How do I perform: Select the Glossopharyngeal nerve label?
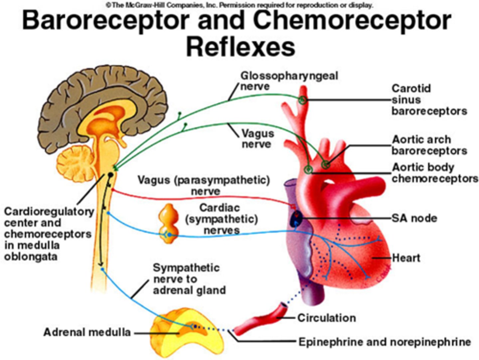click(289, 81)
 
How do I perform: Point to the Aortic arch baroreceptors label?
click(429, 145)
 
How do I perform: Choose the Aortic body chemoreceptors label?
click(434, 173)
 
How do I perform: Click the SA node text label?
click(414, 218)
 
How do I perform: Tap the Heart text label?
click(406, 258)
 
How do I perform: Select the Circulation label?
click(326, 318)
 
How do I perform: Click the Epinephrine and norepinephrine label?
click(384, 342)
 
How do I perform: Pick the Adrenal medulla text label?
click(87, 332)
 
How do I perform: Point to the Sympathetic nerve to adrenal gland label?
click(189, 279)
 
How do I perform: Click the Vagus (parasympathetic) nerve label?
click(204, 185)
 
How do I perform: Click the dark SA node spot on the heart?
click(296, 219)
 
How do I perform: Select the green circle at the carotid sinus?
click(302, 100)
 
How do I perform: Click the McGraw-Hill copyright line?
click(239, 5)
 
